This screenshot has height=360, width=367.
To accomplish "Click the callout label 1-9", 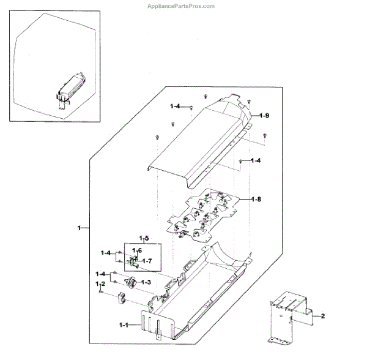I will click(264, 116).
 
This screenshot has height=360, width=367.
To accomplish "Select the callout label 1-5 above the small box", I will click(144, 238).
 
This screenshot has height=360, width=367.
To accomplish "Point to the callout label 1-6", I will click(138, 250).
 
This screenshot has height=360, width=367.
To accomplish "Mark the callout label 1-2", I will click(100, 285).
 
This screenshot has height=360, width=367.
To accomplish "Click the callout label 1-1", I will click(123, 324).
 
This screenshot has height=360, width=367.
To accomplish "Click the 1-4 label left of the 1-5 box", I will click(106, 252).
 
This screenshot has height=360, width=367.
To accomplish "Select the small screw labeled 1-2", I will click(100, 293).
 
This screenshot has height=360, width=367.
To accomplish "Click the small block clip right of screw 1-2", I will click(120, 298).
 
